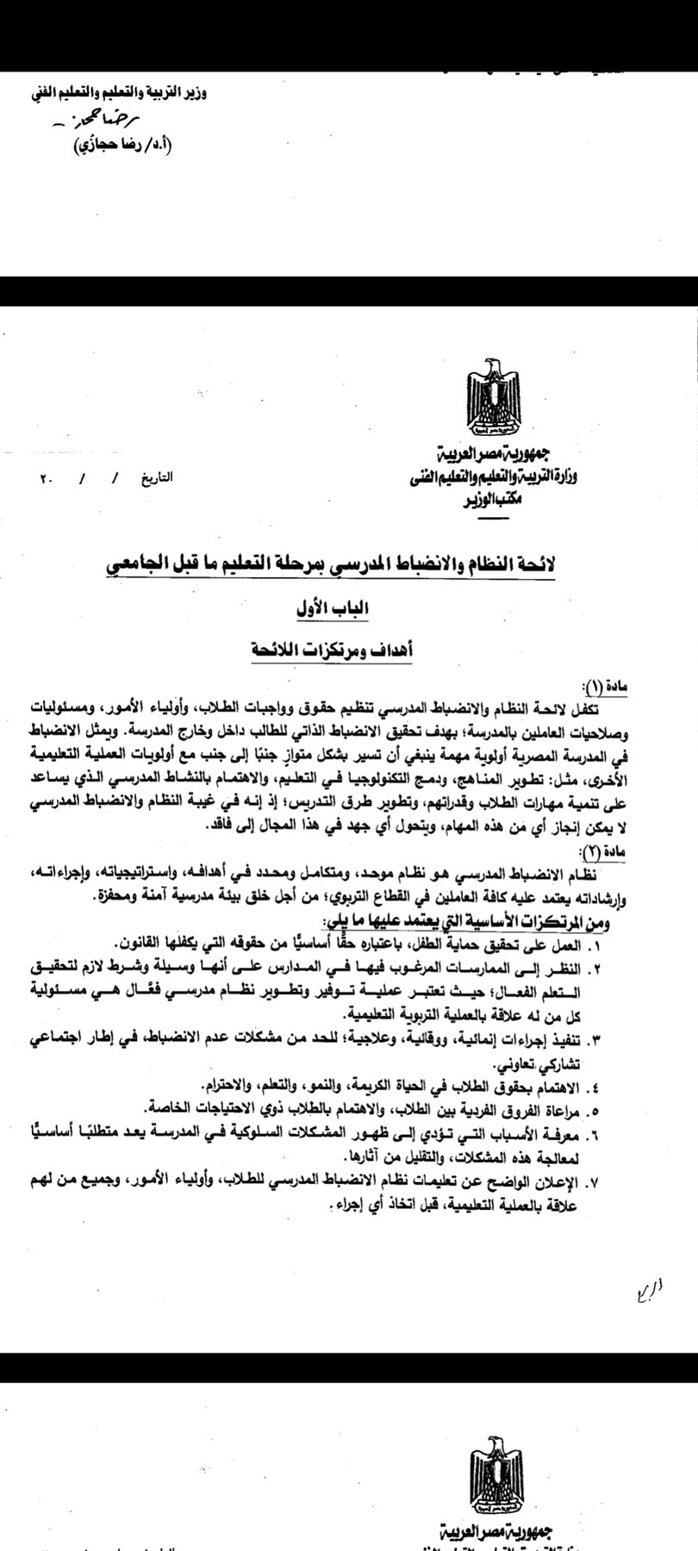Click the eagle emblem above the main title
pos(493,402)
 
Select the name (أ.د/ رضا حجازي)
pos(107,146)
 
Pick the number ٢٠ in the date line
pos(45,476)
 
